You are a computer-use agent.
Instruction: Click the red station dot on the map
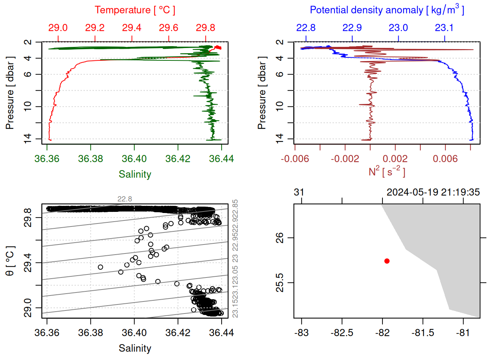tap(387, 261)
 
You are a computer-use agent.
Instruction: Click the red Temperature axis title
tap(135, 10)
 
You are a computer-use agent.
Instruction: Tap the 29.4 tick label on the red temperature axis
tap(132, 28)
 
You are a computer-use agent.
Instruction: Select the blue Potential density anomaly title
tap(387, 10)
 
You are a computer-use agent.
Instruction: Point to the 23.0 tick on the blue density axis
tap(398, 28)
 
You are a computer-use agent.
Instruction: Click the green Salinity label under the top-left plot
tap(135, 174)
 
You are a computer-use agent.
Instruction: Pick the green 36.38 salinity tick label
tap(90, 159)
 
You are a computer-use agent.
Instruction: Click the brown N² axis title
tap(387, 172)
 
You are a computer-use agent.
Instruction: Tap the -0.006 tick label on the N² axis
tap(295, 159)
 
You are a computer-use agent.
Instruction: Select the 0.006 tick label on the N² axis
tap(445, 159)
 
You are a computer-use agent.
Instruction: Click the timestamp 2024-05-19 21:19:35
tap(433, 192)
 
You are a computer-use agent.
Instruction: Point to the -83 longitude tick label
tap(301, 333)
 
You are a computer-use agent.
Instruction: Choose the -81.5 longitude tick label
tap(423, 333)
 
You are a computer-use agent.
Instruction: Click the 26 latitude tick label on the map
tap(280, 238)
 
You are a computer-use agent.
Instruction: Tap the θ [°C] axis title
tap(10, 261)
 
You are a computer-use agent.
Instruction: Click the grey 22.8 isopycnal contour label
tap(124, 199)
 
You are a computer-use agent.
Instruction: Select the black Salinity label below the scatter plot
tap(135, 348)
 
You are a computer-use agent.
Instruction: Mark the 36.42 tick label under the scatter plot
tap(178, 333)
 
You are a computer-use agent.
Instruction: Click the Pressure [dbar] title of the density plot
tap(262, 93)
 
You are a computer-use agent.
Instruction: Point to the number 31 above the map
tap(299, 192)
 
